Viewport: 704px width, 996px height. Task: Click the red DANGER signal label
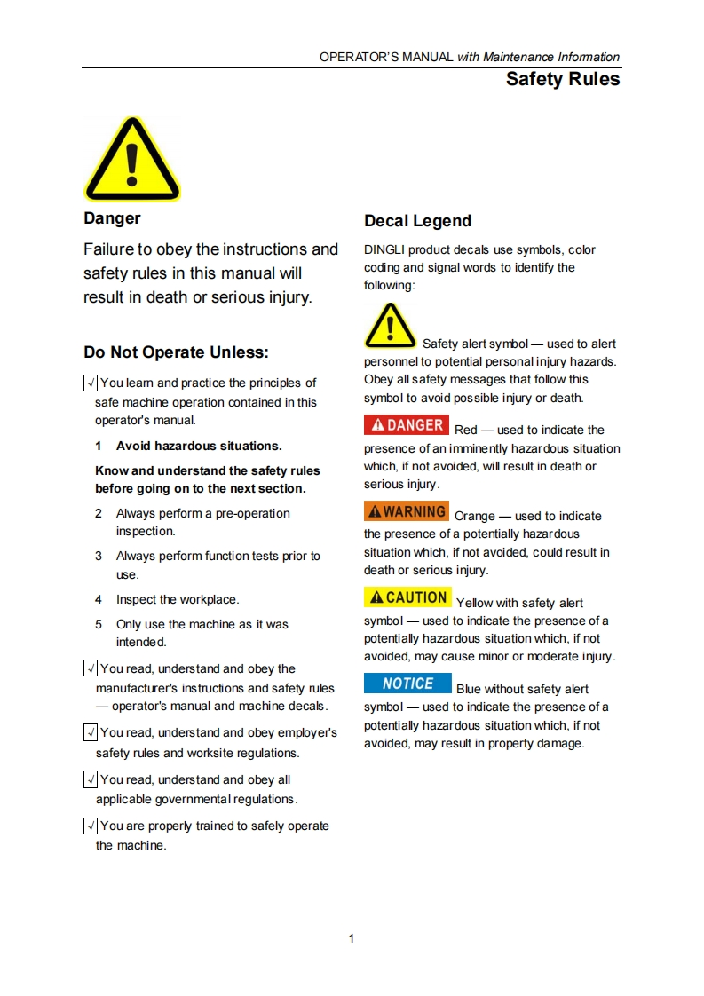(x=407, y=425)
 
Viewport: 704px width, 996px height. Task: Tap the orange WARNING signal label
(x=407, y=511)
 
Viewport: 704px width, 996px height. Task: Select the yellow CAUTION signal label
(x=407, y=597)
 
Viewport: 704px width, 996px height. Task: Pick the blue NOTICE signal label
(x=407, y=684)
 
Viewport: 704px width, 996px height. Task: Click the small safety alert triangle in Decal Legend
(x=390, y=326)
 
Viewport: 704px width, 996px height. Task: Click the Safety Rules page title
(x=562, y=79)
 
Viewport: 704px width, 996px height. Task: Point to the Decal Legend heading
(x=417, y=221)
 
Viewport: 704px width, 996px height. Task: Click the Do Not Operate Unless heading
(x=176, y=352)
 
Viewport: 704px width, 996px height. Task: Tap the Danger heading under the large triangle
(x=112, y=218)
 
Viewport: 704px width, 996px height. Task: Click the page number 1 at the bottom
(x=352, y=938)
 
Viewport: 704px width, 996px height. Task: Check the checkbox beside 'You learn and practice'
(x=90, y=383)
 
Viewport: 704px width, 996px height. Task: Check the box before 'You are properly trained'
(x=90, y=826)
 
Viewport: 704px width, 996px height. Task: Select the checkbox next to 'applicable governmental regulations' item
(x=90, y=780)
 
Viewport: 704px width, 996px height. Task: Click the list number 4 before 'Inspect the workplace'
(x=99, y=600)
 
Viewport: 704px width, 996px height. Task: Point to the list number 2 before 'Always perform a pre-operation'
(x=99, y=514)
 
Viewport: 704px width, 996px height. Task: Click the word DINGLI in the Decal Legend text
(x=384, y=249)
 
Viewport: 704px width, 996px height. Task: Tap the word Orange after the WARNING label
(x=474, y=516)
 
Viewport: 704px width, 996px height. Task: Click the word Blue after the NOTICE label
(x=470, y=689)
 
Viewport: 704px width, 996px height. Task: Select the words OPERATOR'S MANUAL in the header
(x=386, y=57)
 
